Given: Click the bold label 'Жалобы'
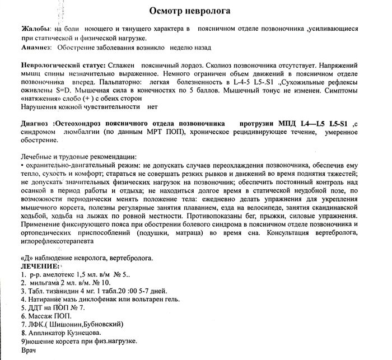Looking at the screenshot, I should coord(33,28).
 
